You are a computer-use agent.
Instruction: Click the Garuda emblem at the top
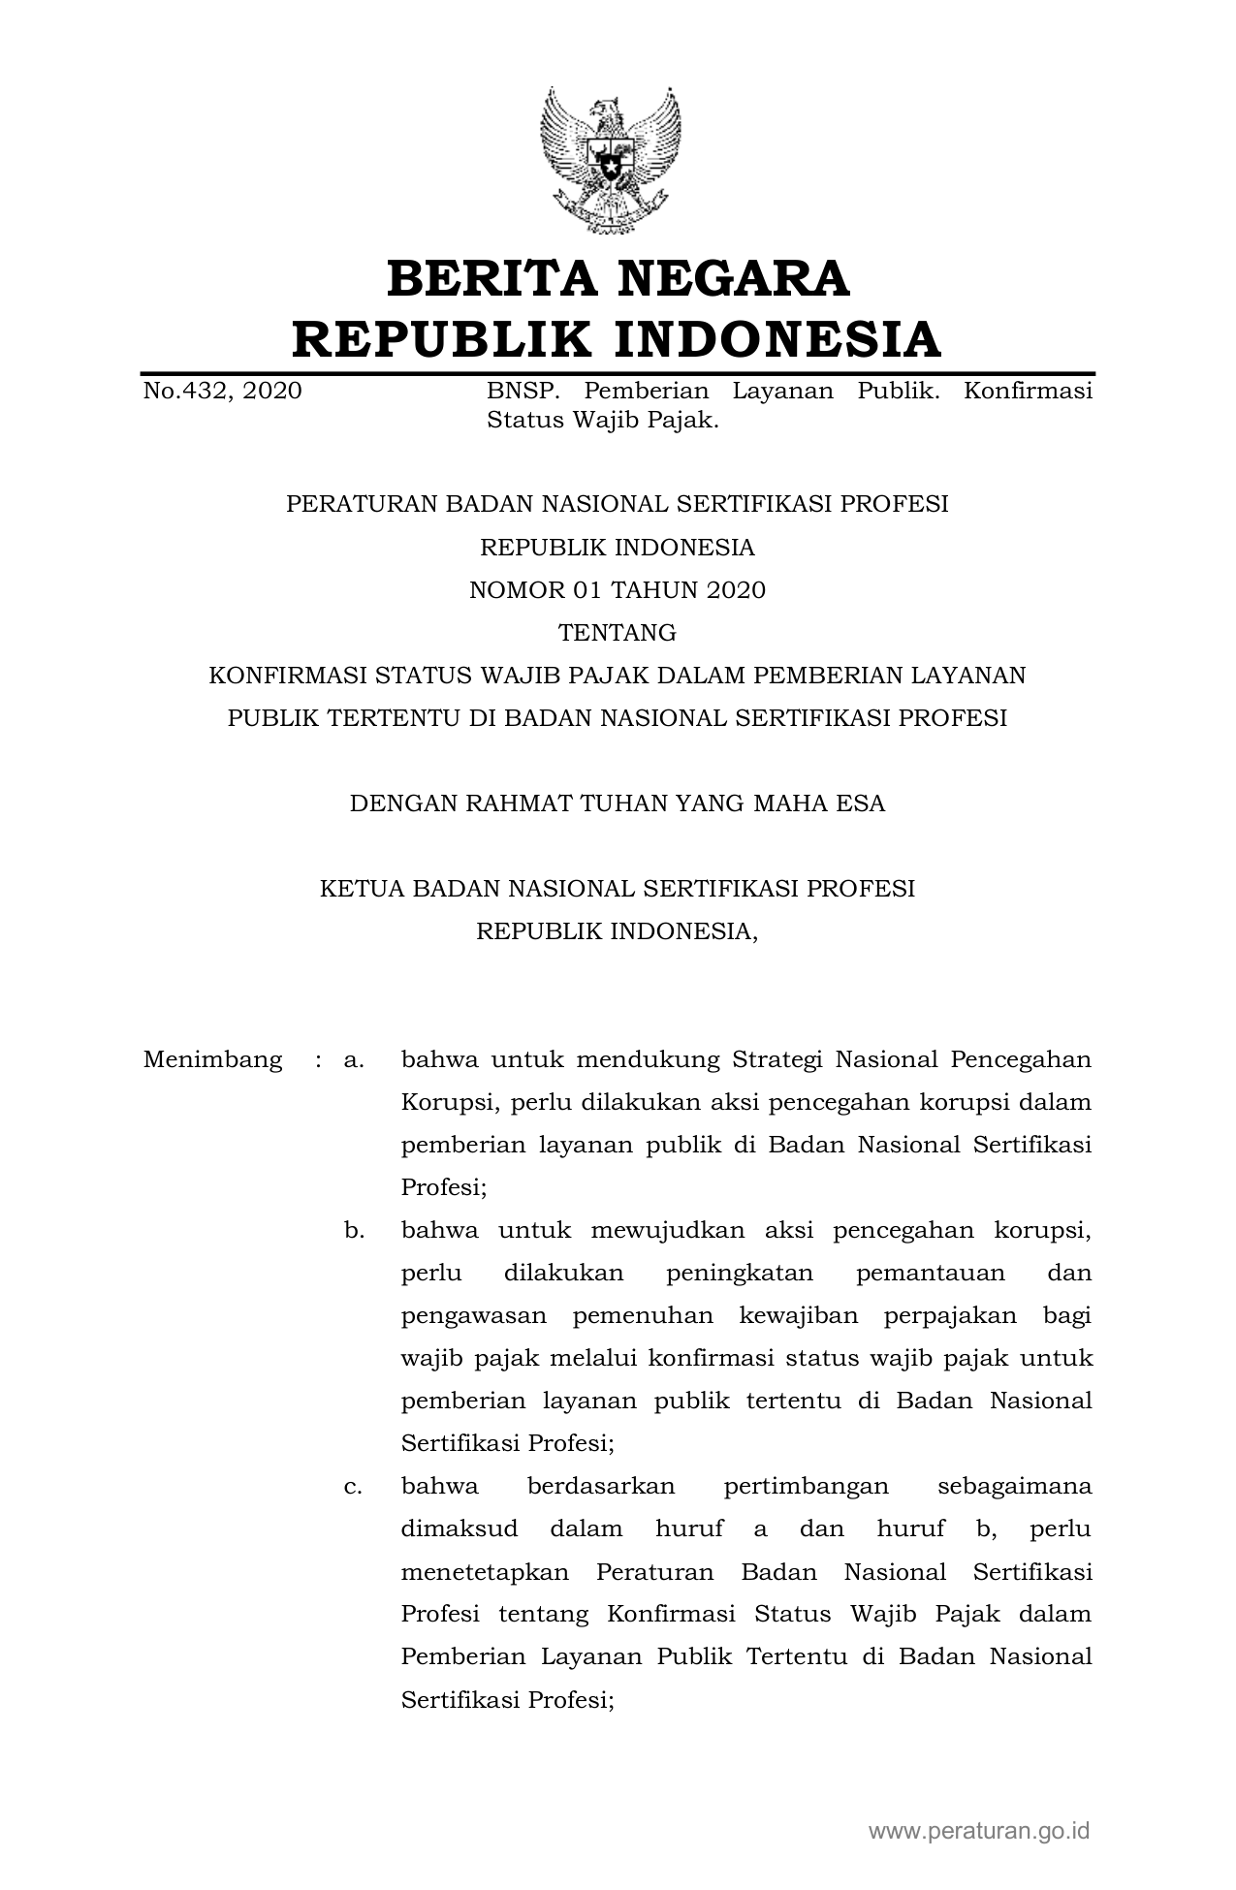611,160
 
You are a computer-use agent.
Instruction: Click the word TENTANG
618,633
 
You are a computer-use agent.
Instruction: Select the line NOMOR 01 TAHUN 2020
618,590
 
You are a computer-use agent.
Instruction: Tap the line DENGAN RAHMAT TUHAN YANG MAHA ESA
618,803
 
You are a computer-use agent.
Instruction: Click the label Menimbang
212,1059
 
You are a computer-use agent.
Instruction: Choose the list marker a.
353,1059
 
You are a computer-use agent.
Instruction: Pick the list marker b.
354,1230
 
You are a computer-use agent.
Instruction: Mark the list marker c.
353,1486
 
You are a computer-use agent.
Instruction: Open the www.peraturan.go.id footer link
979,1831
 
